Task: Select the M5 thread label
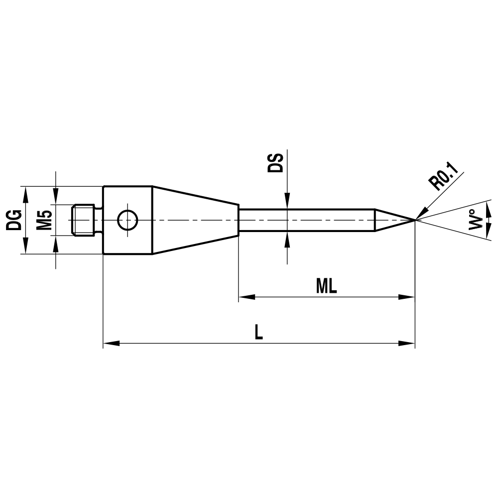pos(45,220)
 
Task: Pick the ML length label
pos(326,286)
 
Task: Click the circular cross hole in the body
pos(127,220)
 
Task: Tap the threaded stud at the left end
pos(84,220)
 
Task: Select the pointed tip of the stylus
pos(413,220)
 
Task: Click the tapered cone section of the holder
pos(195,220)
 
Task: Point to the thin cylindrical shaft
pos(306,220)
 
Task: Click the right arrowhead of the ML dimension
pos(407,297)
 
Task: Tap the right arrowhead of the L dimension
pos(407,343)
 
